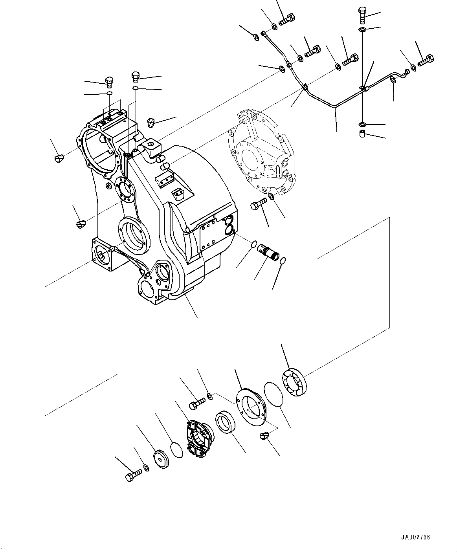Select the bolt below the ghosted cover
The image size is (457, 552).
click(257, 204)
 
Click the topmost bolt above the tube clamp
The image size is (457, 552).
click(362, 15)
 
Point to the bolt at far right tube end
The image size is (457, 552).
click(427, 61)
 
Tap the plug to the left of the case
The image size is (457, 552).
click(58, 158)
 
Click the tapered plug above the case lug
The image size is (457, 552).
click(151, 123)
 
